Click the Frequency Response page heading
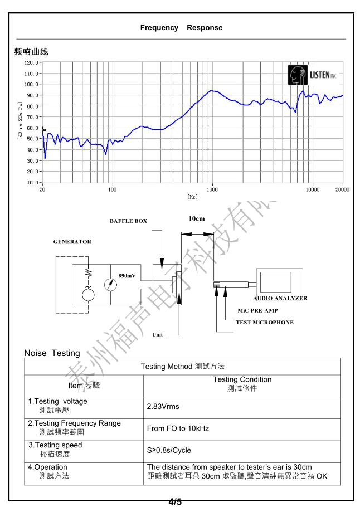[x=181, y=28]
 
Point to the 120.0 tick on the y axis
[x=31, y=63]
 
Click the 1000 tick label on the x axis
[x=212, y=189]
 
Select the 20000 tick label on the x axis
[x=342, y=189]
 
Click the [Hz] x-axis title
[x=192, y=197]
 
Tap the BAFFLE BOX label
[x=128, y=221]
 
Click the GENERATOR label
[x=72, y=242]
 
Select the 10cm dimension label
[x=197, y=219]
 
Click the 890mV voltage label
[x=127, y=276]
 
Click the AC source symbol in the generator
[x=88, y=294]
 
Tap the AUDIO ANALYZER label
[x=280, y=298]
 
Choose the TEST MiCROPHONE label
[x=264, y=323]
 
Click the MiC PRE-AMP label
[x=257, y=310]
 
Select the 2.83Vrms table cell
[x=163, y=407]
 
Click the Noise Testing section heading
[x=52, y=353]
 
